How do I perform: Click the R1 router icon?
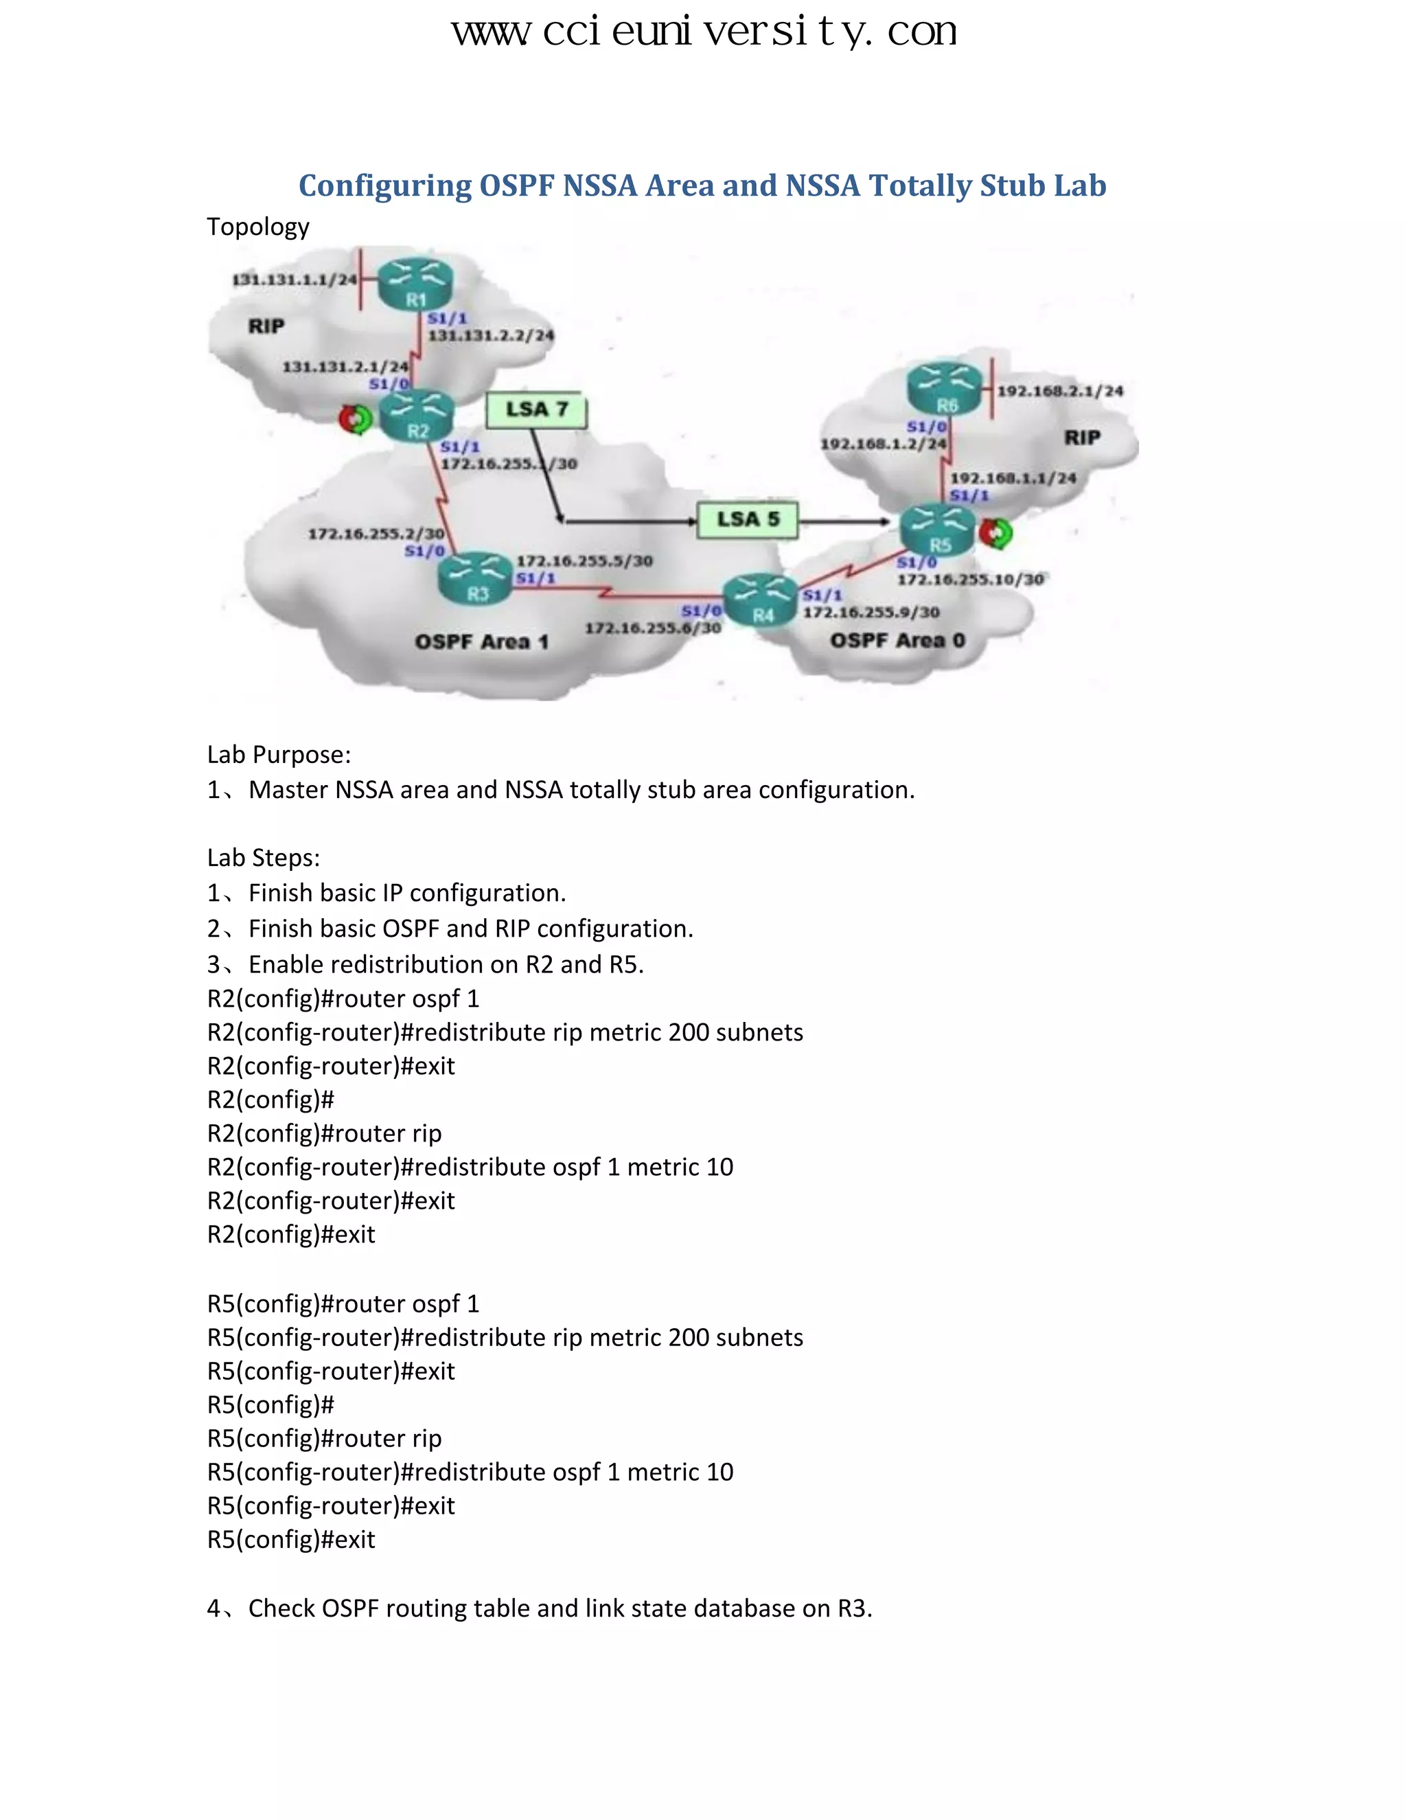415,284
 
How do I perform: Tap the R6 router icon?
945,389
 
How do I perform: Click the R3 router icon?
476,578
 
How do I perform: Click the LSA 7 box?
536,410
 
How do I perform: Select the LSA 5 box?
747,519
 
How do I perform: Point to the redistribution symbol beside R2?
356,419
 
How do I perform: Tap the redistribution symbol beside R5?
995,534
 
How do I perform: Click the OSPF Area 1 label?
481,641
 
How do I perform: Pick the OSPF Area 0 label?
897,640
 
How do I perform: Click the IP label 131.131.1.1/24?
293,280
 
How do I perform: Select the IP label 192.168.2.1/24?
1059,391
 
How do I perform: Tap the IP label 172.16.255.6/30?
652,628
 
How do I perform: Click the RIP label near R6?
1082,437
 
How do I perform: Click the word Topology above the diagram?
257,227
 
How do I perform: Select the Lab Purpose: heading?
278,754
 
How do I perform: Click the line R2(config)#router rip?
324,1133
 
